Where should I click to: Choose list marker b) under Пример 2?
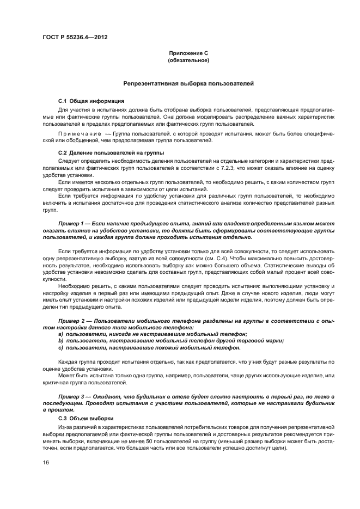tap(61, 340)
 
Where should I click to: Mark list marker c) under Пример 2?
tap(61, 347)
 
